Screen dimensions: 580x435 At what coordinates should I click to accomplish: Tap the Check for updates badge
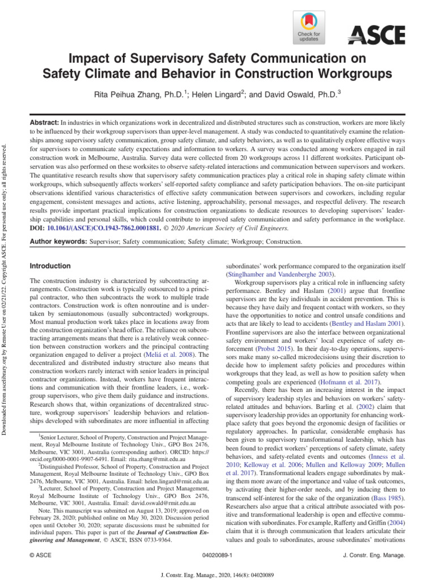tap(309, 28)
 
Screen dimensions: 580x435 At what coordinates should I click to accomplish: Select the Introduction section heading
tap(50, 266)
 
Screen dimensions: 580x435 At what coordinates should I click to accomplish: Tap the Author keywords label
tap(58, 242)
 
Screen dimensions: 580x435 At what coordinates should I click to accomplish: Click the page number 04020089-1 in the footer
tap(217, 557)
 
